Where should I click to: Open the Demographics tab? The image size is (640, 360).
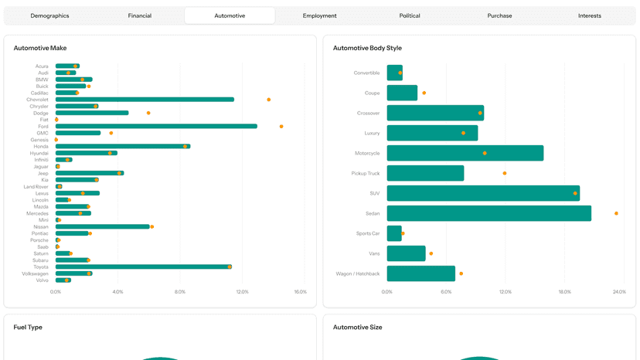point(49,15)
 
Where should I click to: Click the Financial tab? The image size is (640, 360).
point(140,15)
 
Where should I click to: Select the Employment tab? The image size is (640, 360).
point(319,15)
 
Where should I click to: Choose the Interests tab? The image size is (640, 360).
point(590,15)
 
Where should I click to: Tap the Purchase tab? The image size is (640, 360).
point(499,15)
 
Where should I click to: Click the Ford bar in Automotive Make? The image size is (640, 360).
point(156,126)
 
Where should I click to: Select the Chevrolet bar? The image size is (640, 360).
point(145,100)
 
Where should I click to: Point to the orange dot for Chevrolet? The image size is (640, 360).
point(268,100)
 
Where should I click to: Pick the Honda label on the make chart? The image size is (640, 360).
point(41,147)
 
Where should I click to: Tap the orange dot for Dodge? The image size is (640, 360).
point(148,113)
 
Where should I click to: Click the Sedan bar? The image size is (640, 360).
point(489,213)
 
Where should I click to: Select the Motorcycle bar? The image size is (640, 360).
point(465,153)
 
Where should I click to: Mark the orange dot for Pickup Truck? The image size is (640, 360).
point(505,173)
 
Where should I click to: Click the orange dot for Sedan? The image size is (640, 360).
point(616,213)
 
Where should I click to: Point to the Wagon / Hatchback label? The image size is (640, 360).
point(358,274)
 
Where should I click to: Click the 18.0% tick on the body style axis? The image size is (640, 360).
point(564,292)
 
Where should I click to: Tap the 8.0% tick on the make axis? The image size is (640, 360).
point(180,292)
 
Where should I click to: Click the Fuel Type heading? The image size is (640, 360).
point(28,328)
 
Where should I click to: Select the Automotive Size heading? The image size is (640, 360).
point(358,328)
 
